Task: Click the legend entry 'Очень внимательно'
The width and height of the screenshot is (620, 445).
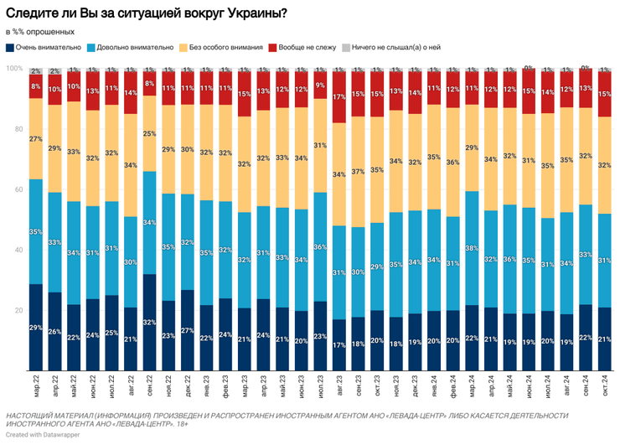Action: pos(49,49)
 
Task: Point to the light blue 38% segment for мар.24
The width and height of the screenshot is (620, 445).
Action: pos(471,248)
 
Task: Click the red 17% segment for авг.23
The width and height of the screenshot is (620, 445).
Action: pos(338,97)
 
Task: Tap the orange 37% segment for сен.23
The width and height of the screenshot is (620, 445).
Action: pos(358,172)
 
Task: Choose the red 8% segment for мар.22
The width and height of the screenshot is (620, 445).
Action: pos(36,86)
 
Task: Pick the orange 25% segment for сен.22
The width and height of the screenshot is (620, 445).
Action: pos(149,133)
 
